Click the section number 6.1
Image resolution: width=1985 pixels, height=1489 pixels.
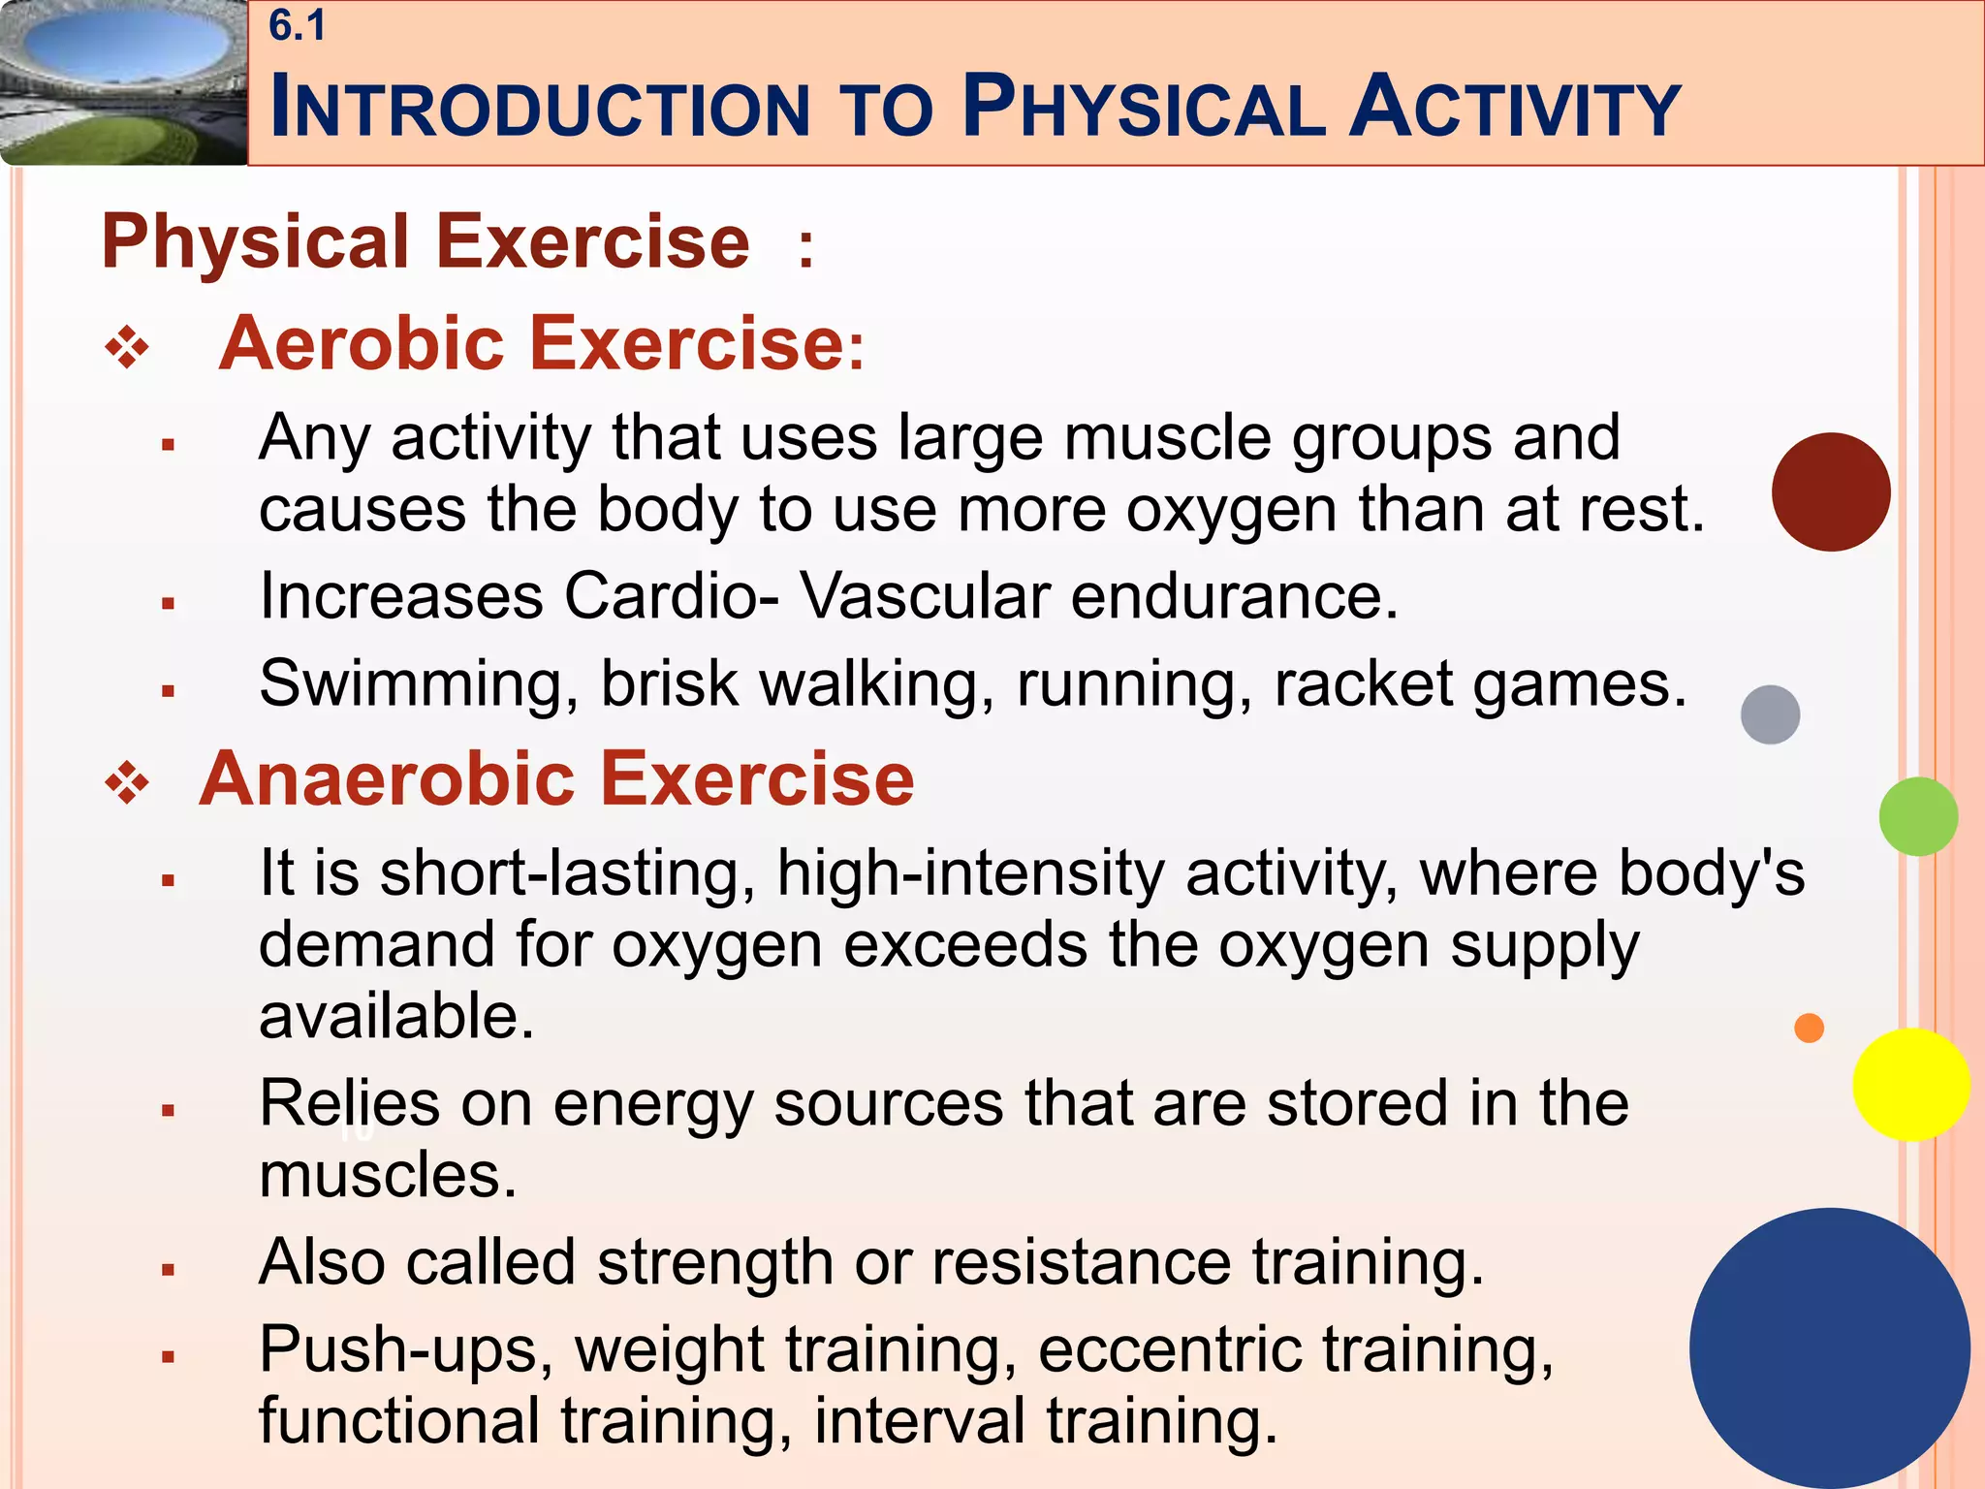[298, 26]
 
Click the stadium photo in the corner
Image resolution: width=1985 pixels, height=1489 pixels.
[123, 82]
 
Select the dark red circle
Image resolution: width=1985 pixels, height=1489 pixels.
[1830, 491]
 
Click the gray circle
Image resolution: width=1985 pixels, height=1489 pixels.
[1770, 714]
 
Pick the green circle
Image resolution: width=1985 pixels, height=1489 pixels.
[1917, 816]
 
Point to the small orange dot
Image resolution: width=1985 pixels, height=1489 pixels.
[1809, 1028]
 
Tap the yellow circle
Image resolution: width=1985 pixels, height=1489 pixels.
[1910, 1085]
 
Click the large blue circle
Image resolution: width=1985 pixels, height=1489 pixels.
[1829, 1347]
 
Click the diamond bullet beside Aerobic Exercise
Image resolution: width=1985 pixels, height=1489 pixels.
[127, 349]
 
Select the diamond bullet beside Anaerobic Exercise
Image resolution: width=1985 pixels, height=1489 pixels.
[127, 784]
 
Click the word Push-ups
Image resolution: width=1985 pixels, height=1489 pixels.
[405, 1349]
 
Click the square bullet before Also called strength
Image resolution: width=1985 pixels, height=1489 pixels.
[168, 1269]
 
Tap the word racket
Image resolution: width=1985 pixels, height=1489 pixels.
[1363, 684]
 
